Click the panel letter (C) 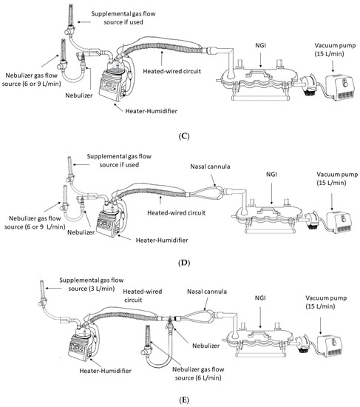[184, 136]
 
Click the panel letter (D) [184, 263]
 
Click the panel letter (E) [184, 400]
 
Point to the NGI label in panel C [260, 46]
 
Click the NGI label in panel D [271, 175]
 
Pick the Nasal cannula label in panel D [210, 166]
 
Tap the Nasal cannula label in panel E [207, 292]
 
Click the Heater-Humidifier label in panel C [152, 111]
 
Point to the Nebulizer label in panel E [206, 346]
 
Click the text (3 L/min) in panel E [102, 289]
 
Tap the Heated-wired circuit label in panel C [172, 71]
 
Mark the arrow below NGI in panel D [271, 193]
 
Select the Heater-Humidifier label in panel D [162, 240]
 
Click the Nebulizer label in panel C [79, 95]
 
